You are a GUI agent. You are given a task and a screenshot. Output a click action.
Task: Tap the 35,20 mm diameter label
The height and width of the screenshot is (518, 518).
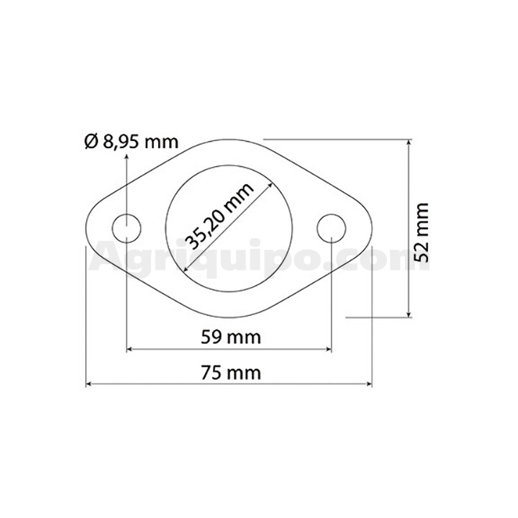219,216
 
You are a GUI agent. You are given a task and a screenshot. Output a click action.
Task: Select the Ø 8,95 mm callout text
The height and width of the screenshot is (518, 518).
132,142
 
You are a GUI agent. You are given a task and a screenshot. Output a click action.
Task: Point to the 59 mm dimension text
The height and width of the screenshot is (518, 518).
231,337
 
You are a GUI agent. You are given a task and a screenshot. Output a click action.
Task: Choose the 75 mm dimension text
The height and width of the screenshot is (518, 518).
231,373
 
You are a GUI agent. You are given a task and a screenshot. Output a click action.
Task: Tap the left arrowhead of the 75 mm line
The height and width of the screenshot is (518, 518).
88,384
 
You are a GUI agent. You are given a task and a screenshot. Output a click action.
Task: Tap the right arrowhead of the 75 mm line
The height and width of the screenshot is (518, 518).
369,384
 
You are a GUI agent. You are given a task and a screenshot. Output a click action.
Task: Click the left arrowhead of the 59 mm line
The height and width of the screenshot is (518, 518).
129,348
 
